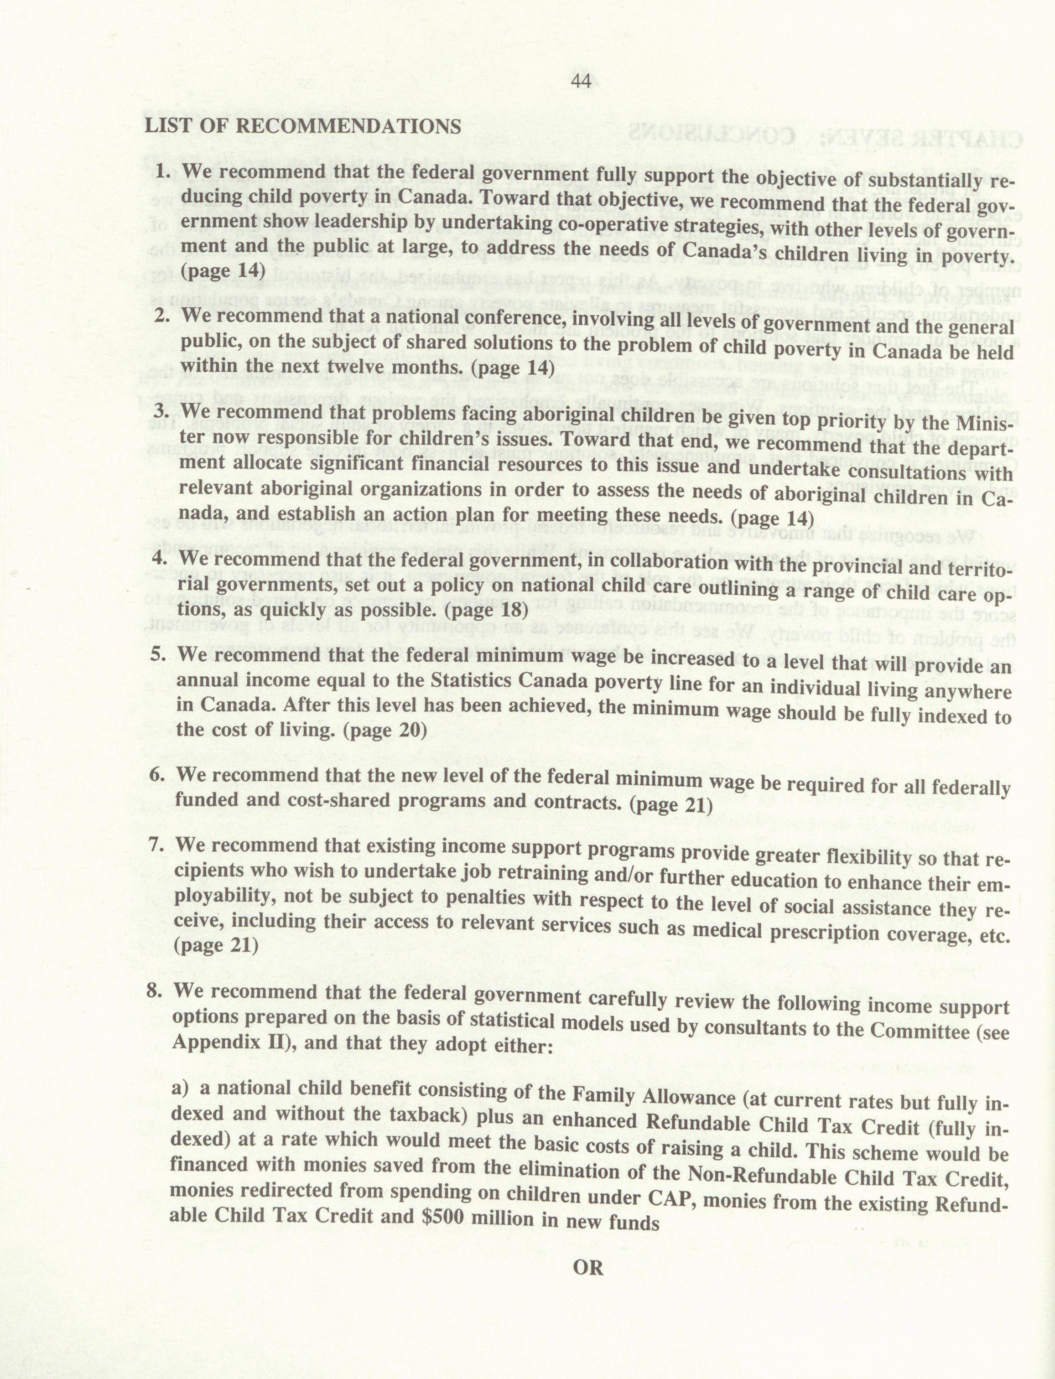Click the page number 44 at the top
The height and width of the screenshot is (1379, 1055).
point(582,82)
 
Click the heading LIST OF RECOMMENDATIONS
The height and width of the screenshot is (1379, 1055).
point(303,126)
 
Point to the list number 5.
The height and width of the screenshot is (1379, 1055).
point(158,654)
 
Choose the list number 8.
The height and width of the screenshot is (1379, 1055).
point(155,990)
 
